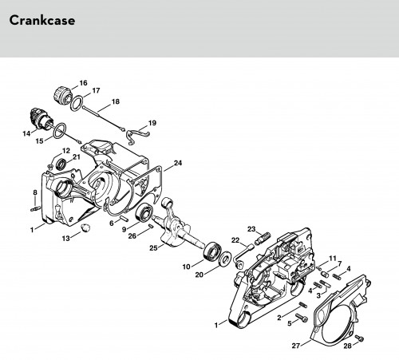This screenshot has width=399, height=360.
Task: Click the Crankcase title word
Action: pyautogui.click(x=42, y=21)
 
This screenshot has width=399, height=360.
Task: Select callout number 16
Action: pyautogui.click(x=83, y=83)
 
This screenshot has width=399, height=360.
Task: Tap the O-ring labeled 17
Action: pyautogui.click(x=77, y=104)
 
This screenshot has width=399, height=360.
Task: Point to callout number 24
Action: pyautogui.click(x=178, y=163)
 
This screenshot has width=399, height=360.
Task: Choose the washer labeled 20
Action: pyautogui.click(x=225, y=258)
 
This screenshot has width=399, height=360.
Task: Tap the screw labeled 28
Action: pyautogui.click(x=359, y=338)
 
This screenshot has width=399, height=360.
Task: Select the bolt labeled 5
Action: pyautogui.click(x=302, y=318)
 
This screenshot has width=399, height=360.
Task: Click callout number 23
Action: pyautogui.click(x=251, y=229)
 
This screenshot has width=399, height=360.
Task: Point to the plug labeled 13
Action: pyautogui.click(x=86, y=228)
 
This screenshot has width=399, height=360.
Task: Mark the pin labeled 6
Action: pyautogui.click(x=124, y=219)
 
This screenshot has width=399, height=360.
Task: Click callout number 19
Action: pyautogui.click(x=152, y=123)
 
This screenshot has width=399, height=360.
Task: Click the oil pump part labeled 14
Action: pyautogui.click(x=40, y=119)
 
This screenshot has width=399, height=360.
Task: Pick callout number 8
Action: pyautogui.click(x=35, y=192)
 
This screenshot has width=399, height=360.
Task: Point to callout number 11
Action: pyautogui.click(x=333, y=259)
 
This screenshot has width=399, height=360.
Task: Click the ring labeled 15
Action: pyautogui.click(x=59, y=130)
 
